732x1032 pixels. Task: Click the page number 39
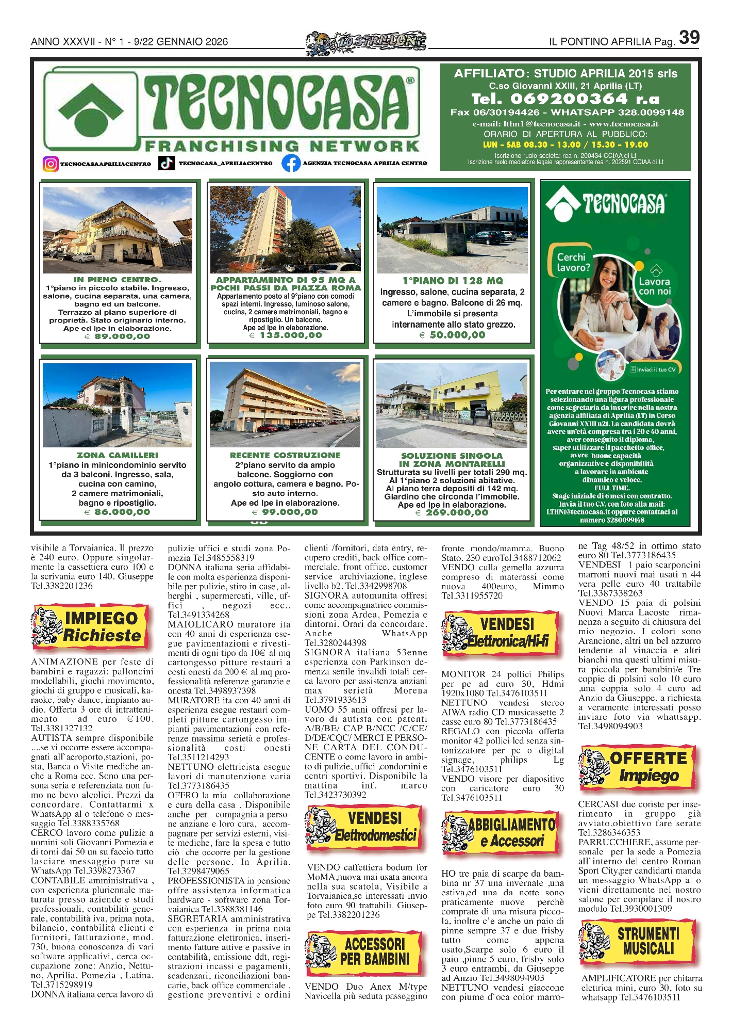click(x=689, y=38)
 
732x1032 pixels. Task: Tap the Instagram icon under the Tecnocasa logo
click(x=50, y=164)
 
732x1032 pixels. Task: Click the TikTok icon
click(x=166, y=163)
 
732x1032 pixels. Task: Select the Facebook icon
click(x=291, y=163)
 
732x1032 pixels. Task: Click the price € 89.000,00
click(x=118, y=336)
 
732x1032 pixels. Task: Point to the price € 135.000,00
click(x=285, y=335)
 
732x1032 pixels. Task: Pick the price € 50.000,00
click(x=453, y=335)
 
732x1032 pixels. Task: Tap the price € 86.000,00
click(x=117, y=512)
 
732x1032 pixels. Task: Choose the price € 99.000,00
click(x=285, y=512)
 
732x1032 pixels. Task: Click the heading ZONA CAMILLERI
click(x=118, y=455)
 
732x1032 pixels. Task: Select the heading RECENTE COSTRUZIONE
click(x=285, y=455)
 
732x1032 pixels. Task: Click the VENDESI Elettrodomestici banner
click(x=365, y=826)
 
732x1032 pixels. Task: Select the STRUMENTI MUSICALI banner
click(x=639, y=941)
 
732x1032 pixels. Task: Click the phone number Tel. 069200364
click(x=565, y=99)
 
